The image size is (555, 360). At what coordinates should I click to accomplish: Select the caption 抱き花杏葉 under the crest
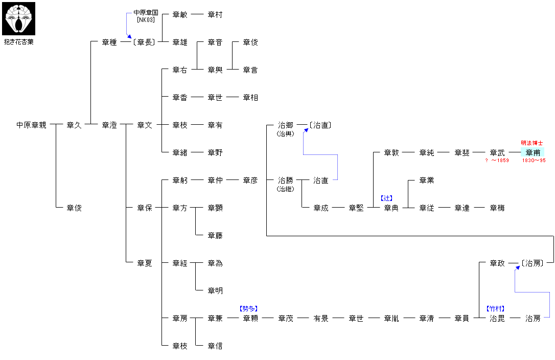point(19,42)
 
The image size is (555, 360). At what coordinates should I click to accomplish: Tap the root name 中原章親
point(31,125)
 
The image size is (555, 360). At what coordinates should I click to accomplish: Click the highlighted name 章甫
point(533,152)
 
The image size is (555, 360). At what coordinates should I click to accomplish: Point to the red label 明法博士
point(532,143)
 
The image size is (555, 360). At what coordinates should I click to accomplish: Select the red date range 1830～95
point(534,161)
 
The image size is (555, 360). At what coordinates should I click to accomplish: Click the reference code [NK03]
point(146,19)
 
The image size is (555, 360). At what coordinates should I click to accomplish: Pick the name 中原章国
point(146,12)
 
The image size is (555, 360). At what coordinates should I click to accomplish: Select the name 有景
point(321,318)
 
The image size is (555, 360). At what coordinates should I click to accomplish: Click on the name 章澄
point(109,125)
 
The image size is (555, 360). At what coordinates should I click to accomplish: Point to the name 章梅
point(497,208)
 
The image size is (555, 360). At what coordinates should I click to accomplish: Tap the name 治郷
point(286,125)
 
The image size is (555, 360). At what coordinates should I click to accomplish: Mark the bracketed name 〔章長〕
point(144,42)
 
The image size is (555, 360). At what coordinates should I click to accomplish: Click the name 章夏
point(145,263)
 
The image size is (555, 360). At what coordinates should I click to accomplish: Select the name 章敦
point(391,152)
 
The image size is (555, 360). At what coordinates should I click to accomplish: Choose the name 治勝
point(286,180)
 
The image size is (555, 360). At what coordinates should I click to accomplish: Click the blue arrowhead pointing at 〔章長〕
point(130,37)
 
